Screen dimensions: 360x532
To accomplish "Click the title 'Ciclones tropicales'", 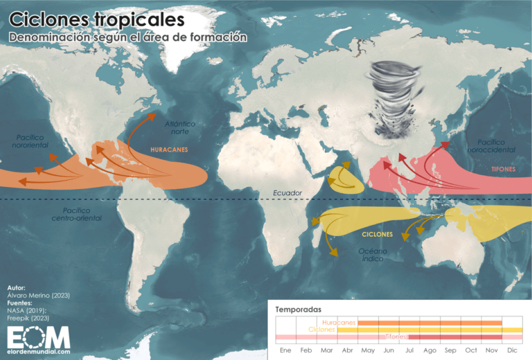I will coord(97,17).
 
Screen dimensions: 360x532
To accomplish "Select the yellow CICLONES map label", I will coord(377,235).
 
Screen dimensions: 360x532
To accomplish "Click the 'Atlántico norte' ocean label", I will coord(180,127).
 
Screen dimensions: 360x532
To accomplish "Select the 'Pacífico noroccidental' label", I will coord(490,145).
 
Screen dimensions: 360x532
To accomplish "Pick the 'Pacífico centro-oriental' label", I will coord(76,214).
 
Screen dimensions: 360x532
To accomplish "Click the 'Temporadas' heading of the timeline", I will coord(298,309).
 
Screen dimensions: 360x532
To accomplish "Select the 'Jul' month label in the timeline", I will coord(409,350).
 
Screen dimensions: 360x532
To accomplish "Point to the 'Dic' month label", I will coord(512,350).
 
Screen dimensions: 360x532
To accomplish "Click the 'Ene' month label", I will coord(285,350).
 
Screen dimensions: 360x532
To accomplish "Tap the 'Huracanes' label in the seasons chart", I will coord(339,323).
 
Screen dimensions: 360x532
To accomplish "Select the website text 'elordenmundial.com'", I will coord(39,352).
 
